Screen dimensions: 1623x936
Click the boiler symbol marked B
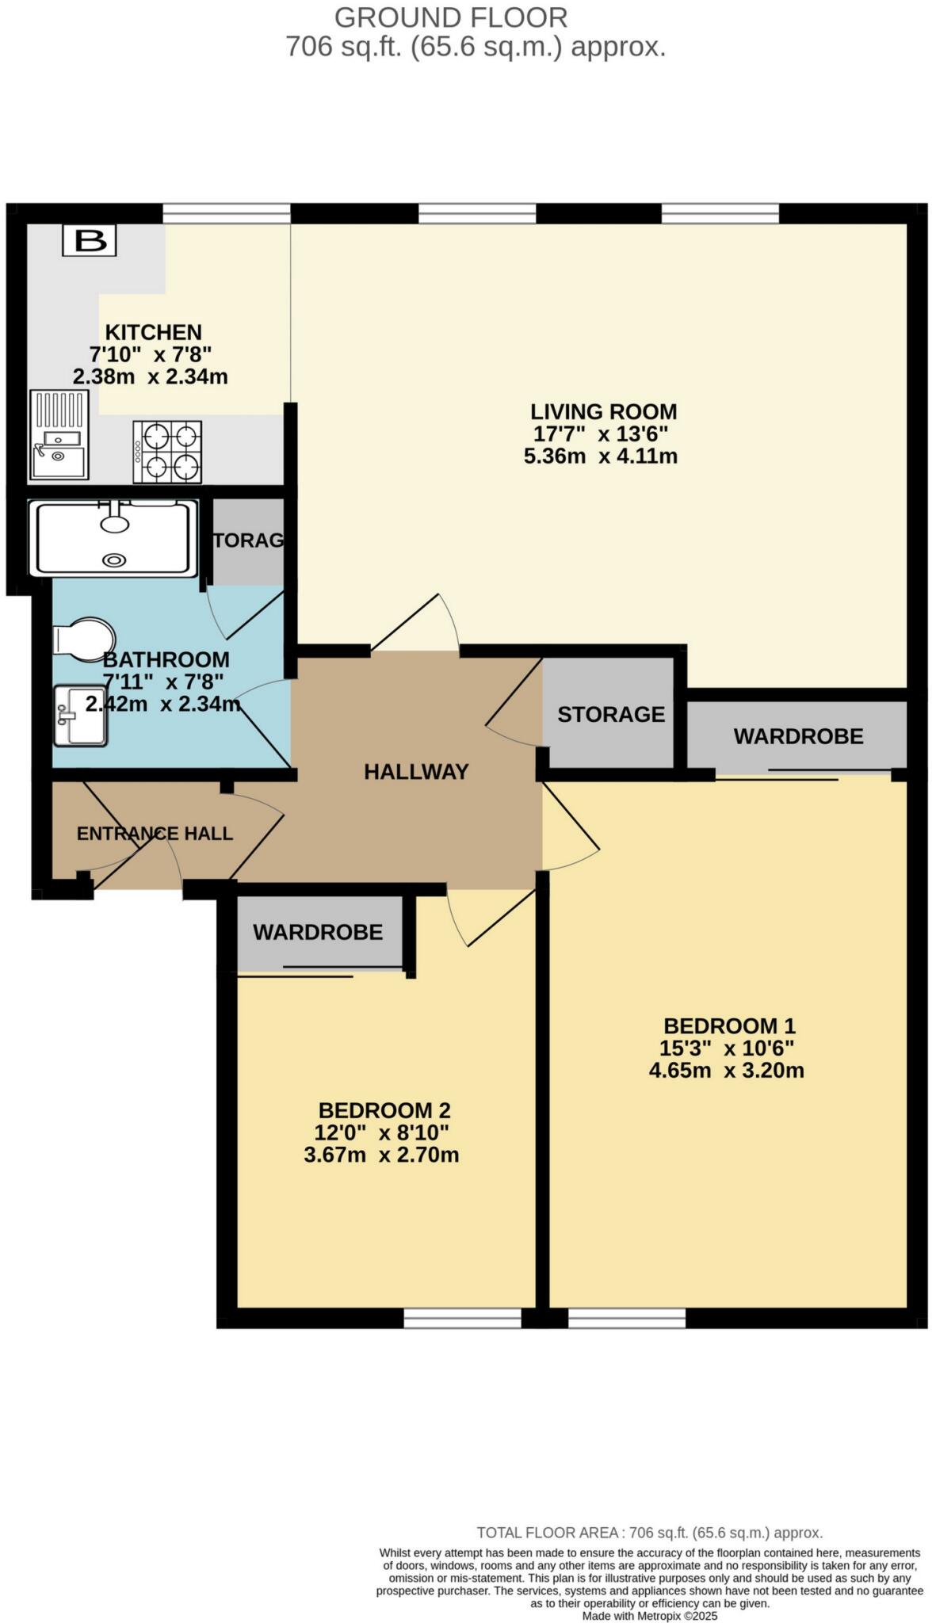click(90, 240)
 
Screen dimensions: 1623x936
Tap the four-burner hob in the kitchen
click(167, 451)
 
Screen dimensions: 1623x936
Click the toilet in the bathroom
click(82, 639)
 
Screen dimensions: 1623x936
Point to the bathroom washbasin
click(79, 716)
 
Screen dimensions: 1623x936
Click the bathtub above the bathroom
click(113, 537)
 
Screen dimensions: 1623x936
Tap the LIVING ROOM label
click(603, 411)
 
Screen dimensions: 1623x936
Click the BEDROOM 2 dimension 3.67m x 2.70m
click(381, 1155)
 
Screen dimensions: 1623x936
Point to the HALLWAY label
click(416, 771)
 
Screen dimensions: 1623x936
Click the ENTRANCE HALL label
click(155, 833)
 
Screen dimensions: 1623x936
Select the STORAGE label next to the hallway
click(610, 714)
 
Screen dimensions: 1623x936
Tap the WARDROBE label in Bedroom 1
click(797, 736)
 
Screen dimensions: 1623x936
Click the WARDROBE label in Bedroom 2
click(318, 932)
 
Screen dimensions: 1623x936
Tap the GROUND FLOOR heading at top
click(451, 17)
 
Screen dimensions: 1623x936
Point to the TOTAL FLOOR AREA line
click(649, 1533)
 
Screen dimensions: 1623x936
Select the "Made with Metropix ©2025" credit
click(649, 1615)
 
